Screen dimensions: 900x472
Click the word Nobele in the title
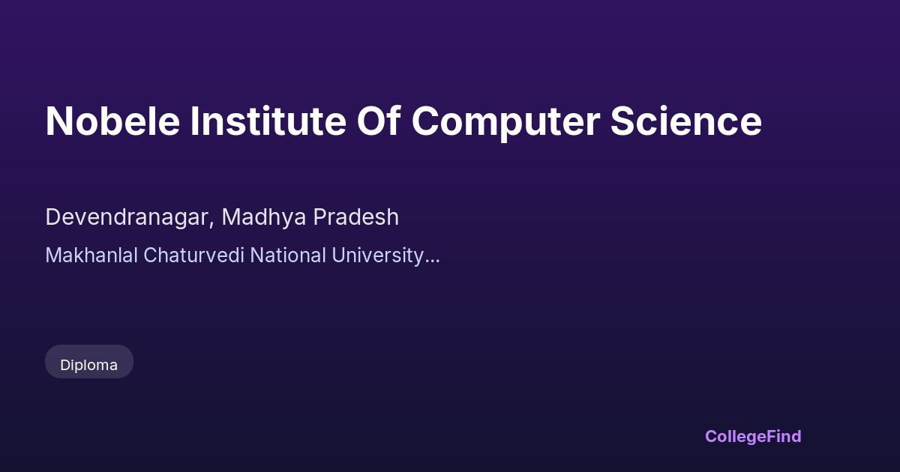tap(112, 121)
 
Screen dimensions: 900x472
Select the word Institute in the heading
tap(268, 121)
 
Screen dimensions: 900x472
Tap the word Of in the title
tap(379, 121)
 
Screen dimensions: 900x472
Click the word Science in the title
tap(685, 121)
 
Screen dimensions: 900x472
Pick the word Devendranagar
tap(127, 217)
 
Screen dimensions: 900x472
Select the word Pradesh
tap(356, 217)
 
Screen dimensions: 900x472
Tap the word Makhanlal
tap(91, 255)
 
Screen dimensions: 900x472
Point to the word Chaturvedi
tap(193, 255)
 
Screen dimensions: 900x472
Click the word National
tap(288, 255)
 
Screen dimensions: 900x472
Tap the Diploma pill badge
tap(89, 362)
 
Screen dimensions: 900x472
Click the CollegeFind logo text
tap(753, 437)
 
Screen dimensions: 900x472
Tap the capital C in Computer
tap(425, 121)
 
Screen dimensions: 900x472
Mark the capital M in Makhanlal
tap(53, 255)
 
